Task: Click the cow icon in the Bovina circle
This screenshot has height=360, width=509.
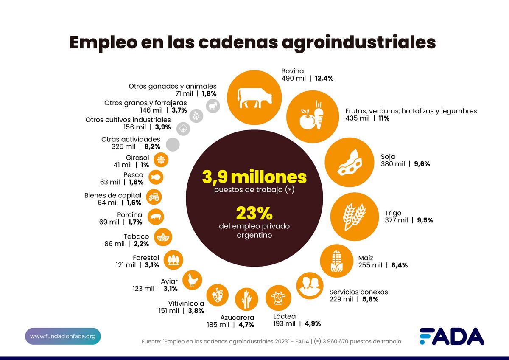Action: pyautogui.click(x=254, y=98)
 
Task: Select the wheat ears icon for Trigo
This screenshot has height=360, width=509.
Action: pyautogui.click(x=354, y=217)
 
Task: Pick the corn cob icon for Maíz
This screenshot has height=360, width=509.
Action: pyautogui.click(x=336, y=261)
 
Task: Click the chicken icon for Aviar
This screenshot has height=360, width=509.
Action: pyautogui.click(x=192, y=280)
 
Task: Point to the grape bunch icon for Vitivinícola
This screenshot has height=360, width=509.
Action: pyautogui.click(x=218, y=295)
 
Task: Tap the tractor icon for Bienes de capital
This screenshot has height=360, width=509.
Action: pyautogui.click(x=154, y=197)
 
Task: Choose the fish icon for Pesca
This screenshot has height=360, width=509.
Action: pyautogui.click(x=156, y=177)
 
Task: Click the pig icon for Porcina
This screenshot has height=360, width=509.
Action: pyautogui.click(x=156, y=217)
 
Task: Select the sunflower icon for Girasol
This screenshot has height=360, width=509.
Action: pyautogui.click(x=161, y=160)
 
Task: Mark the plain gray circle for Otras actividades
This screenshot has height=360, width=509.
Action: pyautogui.click(x=173, y=144)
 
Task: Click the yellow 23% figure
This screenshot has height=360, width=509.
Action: pyautogui.click(x=254, y=213)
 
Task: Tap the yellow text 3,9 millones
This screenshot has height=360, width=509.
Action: pyautogui.click(x=254, y=177)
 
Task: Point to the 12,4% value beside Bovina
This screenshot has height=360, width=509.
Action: pyautogui.click(x=324, y=79)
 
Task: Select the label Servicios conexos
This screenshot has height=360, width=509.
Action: pyautogui.click(x=358, y=292)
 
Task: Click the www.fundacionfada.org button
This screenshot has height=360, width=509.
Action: pyautogui.click(x=63, y=336)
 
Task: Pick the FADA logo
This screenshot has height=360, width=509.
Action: pyautogui.click(x=452, y=336)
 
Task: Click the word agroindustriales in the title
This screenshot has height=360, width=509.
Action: pyautogui.click(x=359, y=42)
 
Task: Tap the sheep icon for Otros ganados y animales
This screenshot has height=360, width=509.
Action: pyautogui.click(x=213, y=106)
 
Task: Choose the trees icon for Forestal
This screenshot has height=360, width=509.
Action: pyautogui.click(x=173, y=260)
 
